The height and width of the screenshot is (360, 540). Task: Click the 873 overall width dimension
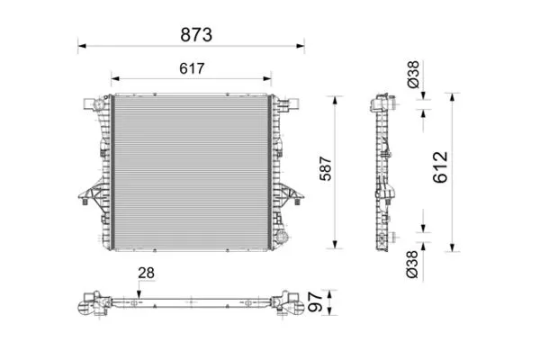click(x=196, y=35)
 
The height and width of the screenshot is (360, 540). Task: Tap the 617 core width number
click(x=192, y=68)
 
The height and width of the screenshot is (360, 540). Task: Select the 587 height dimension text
click(x=326, y=168)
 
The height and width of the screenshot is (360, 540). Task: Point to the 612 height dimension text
click(x=440, y=167)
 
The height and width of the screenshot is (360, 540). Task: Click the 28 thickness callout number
click(x=146, y=274)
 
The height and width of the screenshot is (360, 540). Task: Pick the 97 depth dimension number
click(x=315, y=301)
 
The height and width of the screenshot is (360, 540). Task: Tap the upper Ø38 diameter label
click(x=413, y=74)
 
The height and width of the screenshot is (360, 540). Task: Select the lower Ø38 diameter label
click(x=412, y=265)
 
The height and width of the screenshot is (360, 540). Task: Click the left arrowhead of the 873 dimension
click(x=82, y=46)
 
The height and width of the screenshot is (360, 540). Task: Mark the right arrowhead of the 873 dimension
click(x=301, y=46)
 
